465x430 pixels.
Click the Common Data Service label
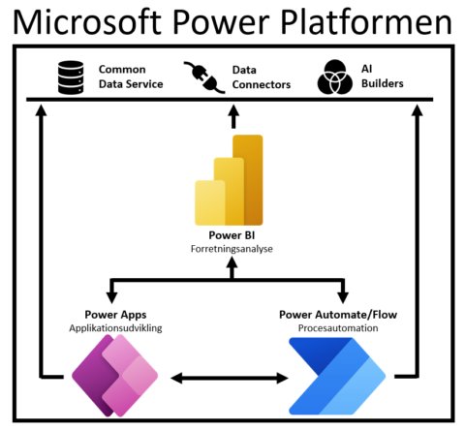[130, 77]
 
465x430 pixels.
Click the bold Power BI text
[231, 235]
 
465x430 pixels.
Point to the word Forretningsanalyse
[231, 249]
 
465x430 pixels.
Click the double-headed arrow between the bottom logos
[230, 376]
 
